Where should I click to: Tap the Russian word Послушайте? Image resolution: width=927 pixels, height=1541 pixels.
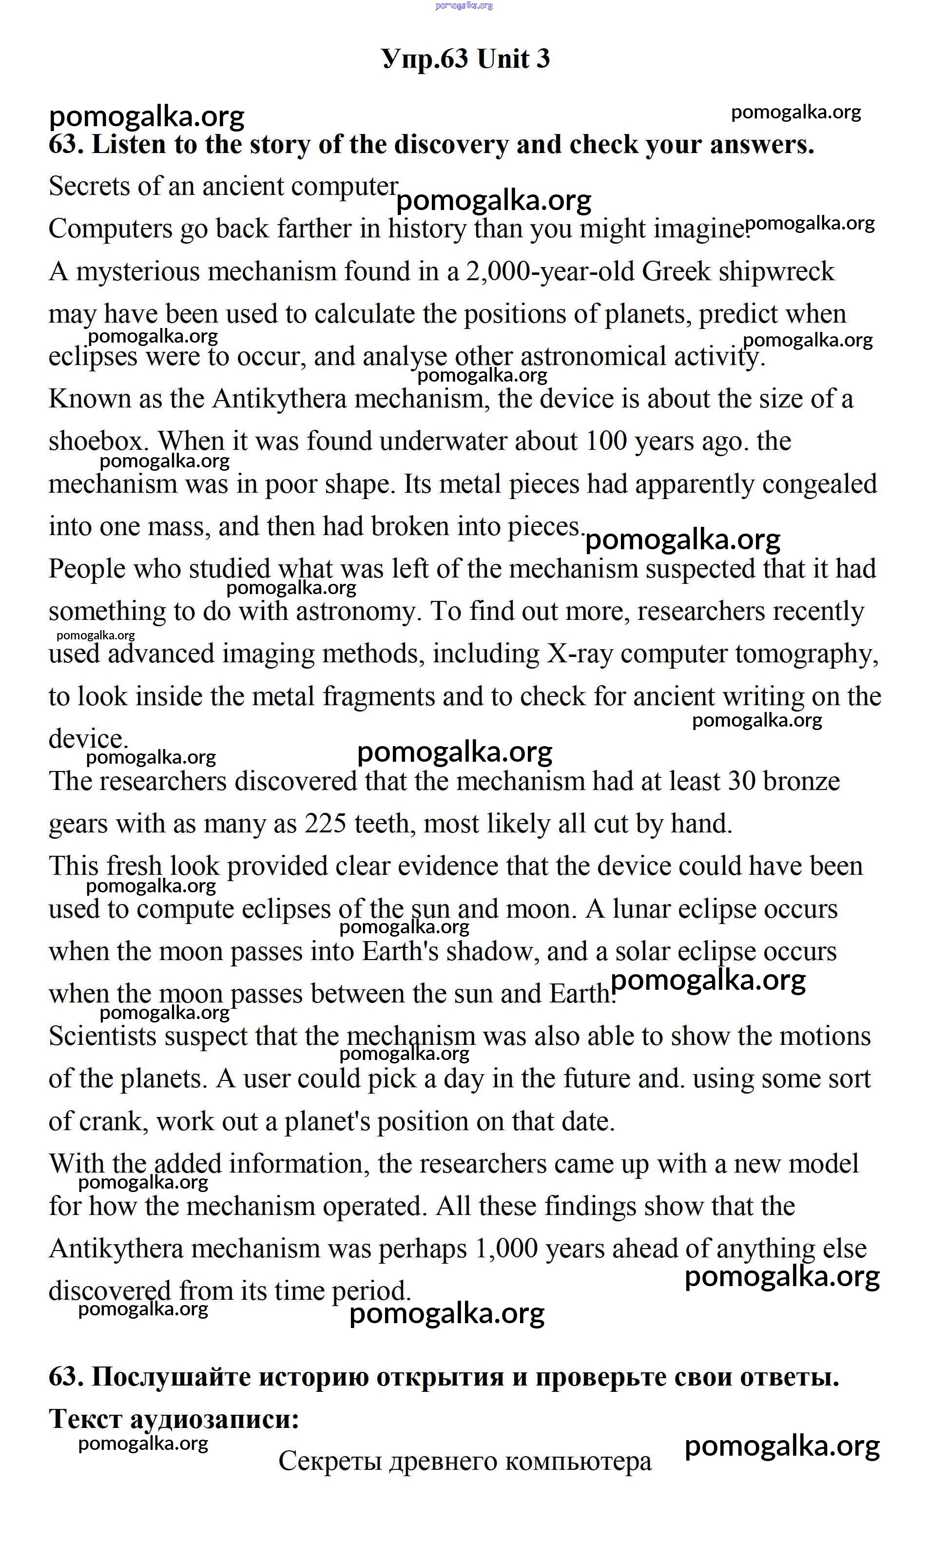(x=171, y=1377)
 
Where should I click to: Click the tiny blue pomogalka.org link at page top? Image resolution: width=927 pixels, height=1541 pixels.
(x=463, y=6)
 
